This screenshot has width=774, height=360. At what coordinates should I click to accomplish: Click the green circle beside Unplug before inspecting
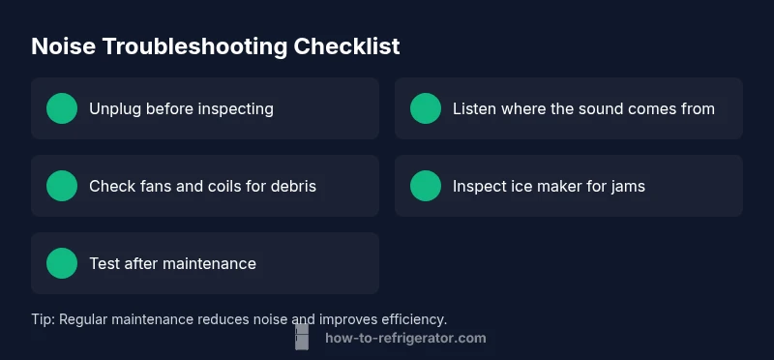(x=62, y=108)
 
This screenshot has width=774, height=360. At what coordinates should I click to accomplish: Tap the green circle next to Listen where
(x=426, y=108)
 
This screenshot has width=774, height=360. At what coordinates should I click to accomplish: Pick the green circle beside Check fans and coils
(x=62, y=186)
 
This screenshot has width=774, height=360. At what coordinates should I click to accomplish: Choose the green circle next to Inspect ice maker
(x=426, y=186)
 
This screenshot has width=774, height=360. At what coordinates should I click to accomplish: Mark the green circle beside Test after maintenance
(x=62, y=263)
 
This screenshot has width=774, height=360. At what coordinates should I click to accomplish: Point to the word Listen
(x=474, y=108)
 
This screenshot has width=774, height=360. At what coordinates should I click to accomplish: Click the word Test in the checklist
(x=104, y=263)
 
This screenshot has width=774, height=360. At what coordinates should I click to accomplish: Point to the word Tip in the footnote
(x=43, y=318)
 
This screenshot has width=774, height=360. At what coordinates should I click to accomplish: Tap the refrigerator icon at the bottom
(x=302, y=337)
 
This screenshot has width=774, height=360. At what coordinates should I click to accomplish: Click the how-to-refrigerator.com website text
(x=405, y=338)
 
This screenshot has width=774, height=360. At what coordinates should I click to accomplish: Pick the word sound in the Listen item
(x=604, y=108)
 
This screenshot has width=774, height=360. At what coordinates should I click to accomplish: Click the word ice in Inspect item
(x=521, y=186)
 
